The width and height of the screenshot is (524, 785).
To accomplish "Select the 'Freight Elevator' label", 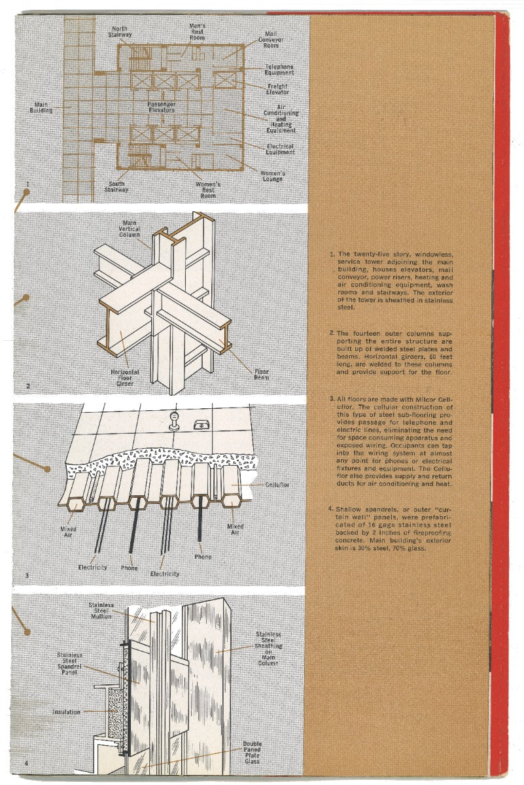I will pos(277,89).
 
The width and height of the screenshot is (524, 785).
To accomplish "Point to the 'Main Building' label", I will pos(41,107).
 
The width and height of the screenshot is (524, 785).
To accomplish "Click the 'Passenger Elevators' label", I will pos(161,107).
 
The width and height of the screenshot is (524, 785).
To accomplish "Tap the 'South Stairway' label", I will pos(117,187).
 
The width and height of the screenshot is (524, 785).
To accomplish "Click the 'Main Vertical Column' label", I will pos(130,229).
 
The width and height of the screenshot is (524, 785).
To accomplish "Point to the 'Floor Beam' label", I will pos(261,375).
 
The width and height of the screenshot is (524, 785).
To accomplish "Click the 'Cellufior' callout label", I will pos(278,485).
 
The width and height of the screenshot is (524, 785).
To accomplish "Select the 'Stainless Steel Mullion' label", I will pos(101,610).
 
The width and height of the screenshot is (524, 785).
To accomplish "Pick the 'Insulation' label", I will pos(67,712).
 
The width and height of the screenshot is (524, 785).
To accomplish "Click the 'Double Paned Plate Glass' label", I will pos(252,752).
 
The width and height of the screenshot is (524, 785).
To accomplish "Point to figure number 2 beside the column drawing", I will pos(27,386).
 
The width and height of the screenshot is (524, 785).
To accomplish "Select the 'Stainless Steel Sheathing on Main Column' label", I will pos(268,648).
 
